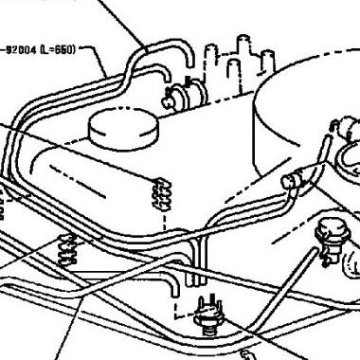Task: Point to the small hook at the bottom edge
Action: pos(247,354)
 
